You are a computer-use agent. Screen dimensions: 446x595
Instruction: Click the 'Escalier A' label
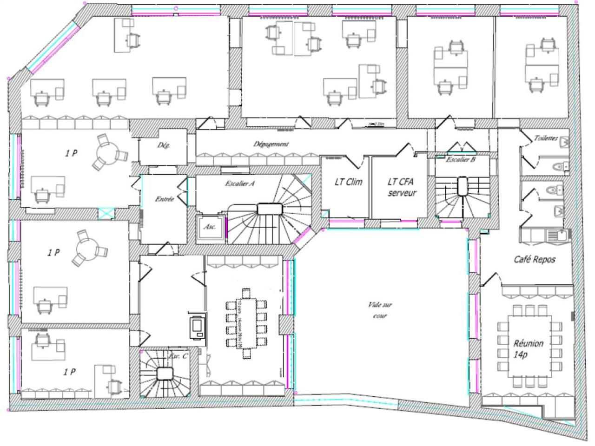point(239,183)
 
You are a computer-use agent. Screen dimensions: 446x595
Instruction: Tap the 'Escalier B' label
point(460,159)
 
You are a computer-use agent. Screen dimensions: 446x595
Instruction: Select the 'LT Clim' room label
point(348,182)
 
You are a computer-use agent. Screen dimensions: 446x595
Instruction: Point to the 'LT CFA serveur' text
point(402,187)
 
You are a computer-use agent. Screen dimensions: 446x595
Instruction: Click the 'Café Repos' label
point(535,259)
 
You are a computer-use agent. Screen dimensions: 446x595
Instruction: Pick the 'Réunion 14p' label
point(529,348)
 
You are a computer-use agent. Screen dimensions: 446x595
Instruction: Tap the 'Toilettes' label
point(546,138)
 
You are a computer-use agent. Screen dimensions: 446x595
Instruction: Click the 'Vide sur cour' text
point(380,310)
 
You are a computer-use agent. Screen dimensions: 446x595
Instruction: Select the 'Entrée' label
point(164,199)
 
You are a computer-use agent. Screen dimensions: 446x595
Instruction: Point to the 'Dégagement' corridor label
point(271,144)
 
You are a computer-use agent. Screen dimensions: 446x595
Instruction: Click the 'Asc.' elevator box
point(209,227)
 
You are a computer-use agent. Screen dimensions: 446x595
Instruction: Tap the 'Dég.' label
point(163,145)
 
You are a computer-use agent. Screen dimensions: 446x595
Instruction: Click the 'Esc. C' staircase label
point(178,356)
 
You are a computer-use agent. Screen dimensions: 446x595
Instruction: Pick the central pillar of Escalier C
point(165,374)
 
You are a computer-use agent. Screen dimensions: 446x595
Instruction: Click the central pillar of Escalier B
point(463,187)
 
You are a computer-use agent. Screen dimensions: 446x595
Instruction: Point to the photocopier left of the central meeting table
point(196,326)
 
